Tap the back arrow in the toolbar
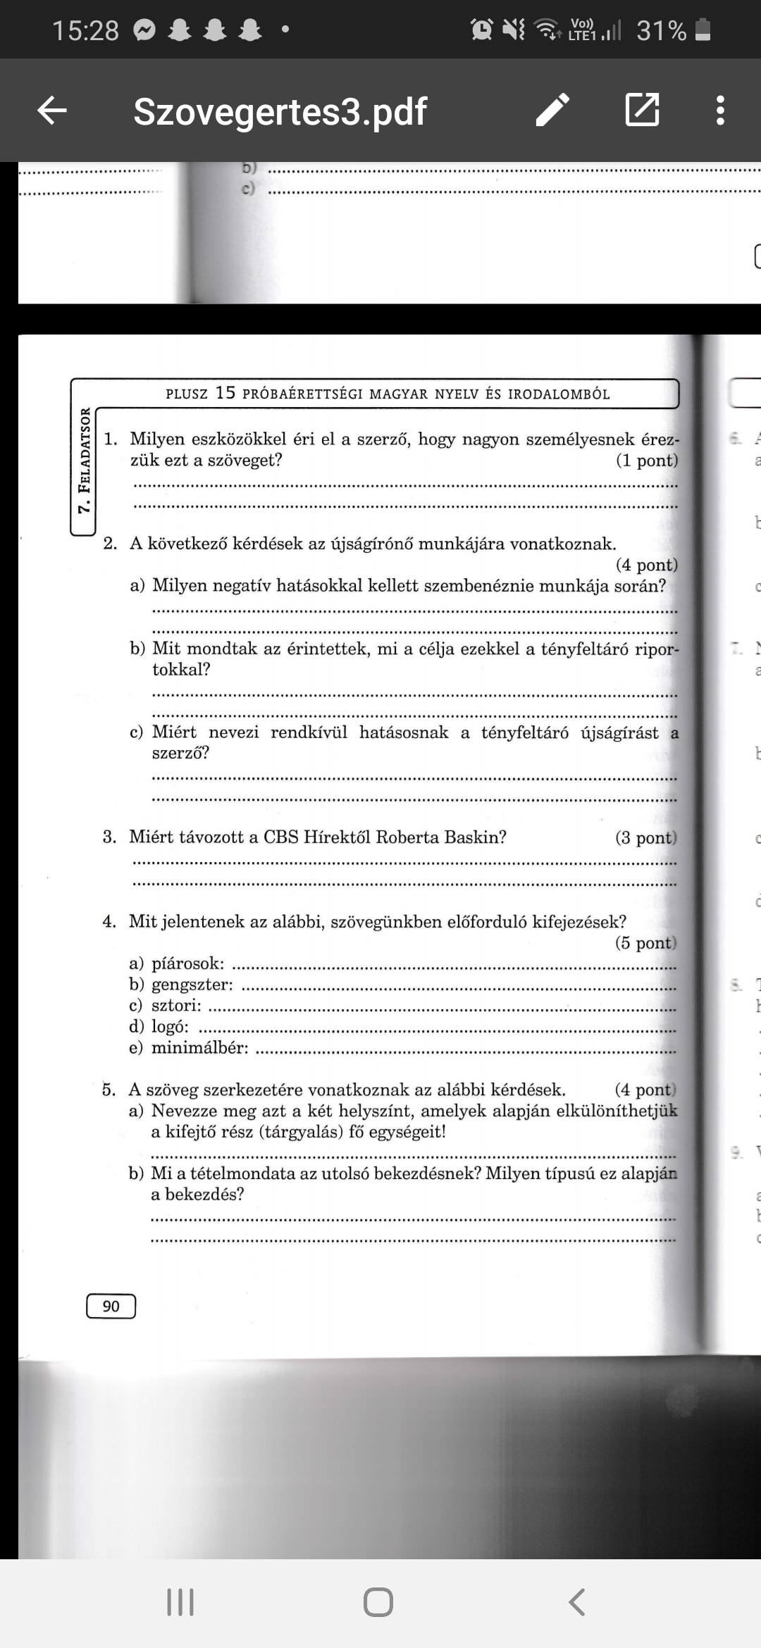pos(51,111)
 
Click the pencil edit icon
pos(552,111)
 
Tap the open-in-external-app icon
pos(642,110)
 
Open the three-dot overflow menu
pos(719,111)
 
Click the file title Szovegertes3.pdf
pos(280,111)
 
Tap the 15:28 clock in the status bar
pos(85,30)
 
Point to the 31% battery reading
pos(661,30)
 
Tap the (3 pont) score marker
pos(645,837)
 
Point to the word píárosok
pos(187,963)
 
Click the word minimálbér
pos(199,1048)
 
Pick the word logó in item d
pos(170,1027)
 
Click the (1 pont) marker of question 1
pos(646,461)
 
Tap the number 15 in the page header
pos(225,393)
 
